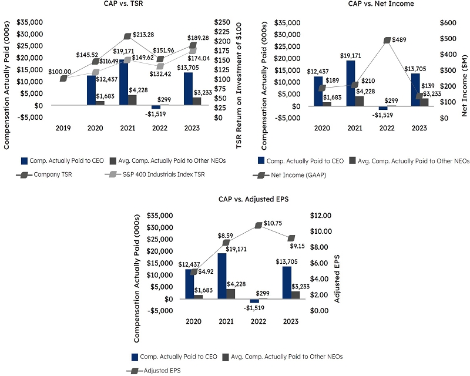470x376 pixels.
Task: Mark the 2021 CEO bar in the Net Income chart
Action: click(x=351, y=82)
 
